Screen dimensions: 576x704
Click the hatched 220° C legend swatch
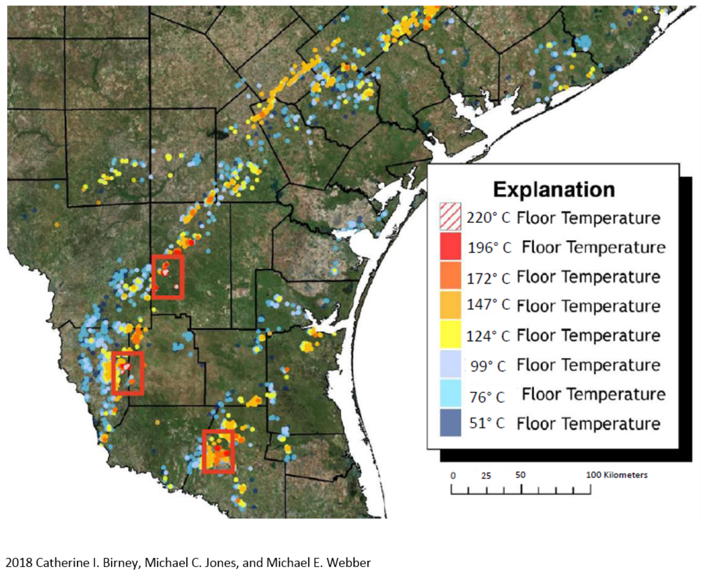[450, 217]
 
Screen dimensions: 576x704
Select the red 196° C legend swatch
[450, 246]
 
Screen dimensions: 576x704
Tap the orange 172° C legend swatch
[450, 275]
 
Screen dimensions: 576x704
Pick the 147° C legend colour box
[450, 305]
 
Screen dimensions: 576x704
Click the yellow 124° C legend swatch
[450, 334]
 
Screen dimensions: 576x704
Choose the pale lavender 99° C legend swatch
[450, 364]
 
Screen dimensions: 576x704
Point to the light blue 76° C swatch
[450, 393]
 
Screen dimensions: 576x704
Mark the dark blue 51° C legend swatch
[450, 422]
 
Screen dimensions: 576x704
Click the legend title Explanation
[554, 190]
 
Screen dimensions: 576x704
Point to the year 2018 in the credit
[19, 563]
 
